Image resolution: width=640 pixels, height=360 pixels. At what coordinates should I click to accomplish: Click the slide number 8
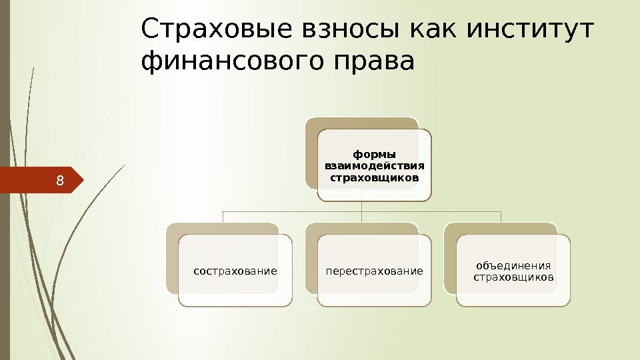point(60,180)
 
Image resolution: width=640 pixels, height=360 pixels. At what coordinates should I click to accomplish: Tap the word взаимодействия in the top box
point(374,166)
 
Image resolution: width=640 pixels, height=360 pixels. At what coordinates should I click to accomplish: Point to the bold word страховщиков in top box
point(374,178)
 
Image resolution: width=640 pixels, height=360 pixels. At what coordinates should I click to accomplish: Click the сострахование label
point(235,271)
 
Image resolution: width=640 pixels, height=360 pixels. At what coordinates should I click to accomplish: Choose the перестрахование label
point(374,271)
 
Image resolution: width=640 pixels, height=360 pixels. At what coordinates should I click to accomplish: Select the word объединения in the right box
point(513,265)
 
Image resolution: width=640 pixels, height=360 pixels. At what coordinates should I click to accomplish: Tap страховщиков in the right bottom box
point(513,277)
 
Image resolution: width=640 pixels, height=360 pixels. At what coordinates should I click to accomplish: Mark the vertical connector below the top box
point(361,211)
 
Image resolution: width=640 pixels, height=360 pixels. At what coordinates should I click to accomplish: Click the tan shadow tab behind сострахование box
point(172,260)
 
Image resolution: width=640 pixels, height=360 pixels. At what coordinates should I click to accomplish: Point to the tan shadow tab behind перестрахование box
point(311,260)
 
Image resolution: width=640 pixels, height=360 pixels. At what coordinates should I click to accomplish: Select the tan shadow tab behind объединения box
point(451,260)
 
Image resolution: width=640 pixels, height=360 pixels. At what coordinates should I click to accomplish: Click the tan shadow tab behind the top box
point(311,153)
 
